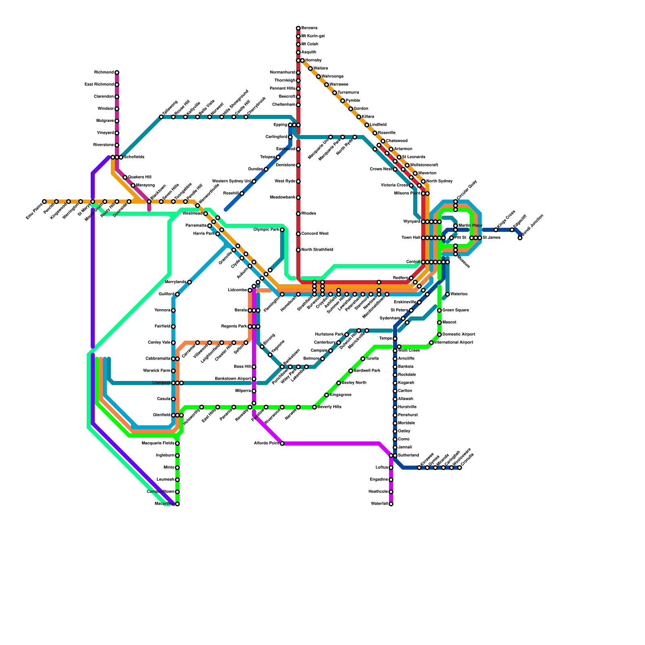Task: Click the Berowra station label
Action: point(309,28)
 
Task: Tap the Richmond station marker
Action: point(117,73)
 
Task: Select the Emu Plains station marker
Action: point(44,202)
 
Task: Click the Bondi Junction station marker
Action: point(520,238)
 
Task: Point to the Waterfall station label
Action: point(380,504)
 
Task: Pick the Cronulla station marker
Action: point(460,468)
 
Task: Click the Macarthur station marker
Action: point(177,504)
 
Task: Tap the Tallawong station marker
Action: point(161,117)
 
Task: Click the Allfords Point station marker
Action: point(282,443)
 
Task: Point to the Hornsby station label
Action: point(313,60)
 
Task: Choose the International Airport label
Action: point(454,343)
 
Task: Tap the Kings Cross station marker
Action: point(496,230)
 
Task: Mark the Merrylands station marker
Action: point(189,282)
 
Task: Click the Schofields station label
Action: point(134,157)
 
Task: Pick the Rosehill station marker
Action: point(242,193)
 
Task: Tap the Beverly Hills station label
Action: point(329,407)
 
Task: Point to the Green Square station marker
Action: point(439,310)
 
